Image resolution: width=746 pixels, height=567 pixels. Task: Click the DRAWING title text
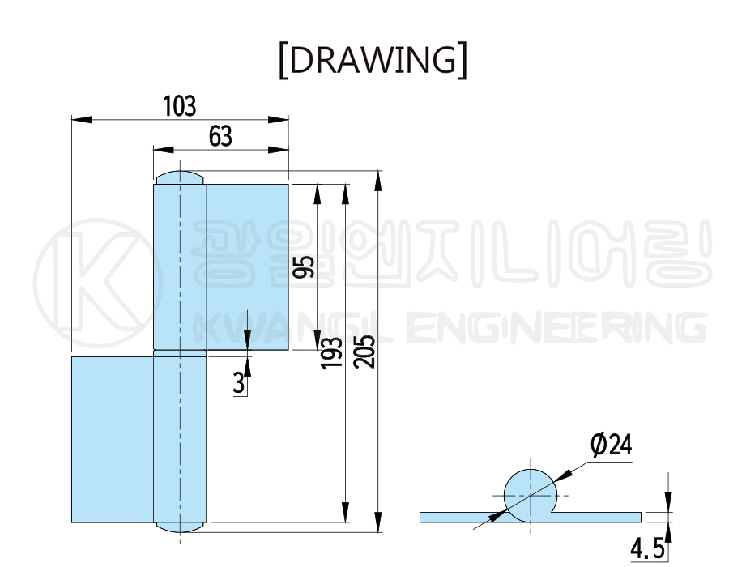pos(373,60)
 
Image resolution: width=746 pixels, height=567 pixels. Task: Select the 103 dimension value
pos(179,106)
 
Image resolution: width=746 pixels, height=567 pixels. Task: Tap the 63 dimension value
pos(220,137)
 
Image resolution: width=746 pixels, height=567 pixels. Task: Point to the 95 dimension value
pos(304,266)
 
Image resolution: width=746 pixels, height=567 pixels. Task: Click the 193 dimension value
pos(331,352)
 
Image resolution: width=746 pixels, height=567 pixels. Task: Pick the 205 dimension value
pos(365,352)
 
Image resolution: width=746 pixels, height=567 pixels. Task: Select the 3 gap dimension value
pos(239,383)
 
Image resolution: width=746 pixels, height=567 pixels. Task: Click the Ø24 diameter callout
pos(612,446)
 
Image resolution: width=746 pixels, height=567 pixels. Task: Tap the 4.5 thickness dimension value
pos(647,549)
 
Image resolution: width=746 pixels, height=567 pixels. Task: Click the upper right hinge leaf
pos(247,266)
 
